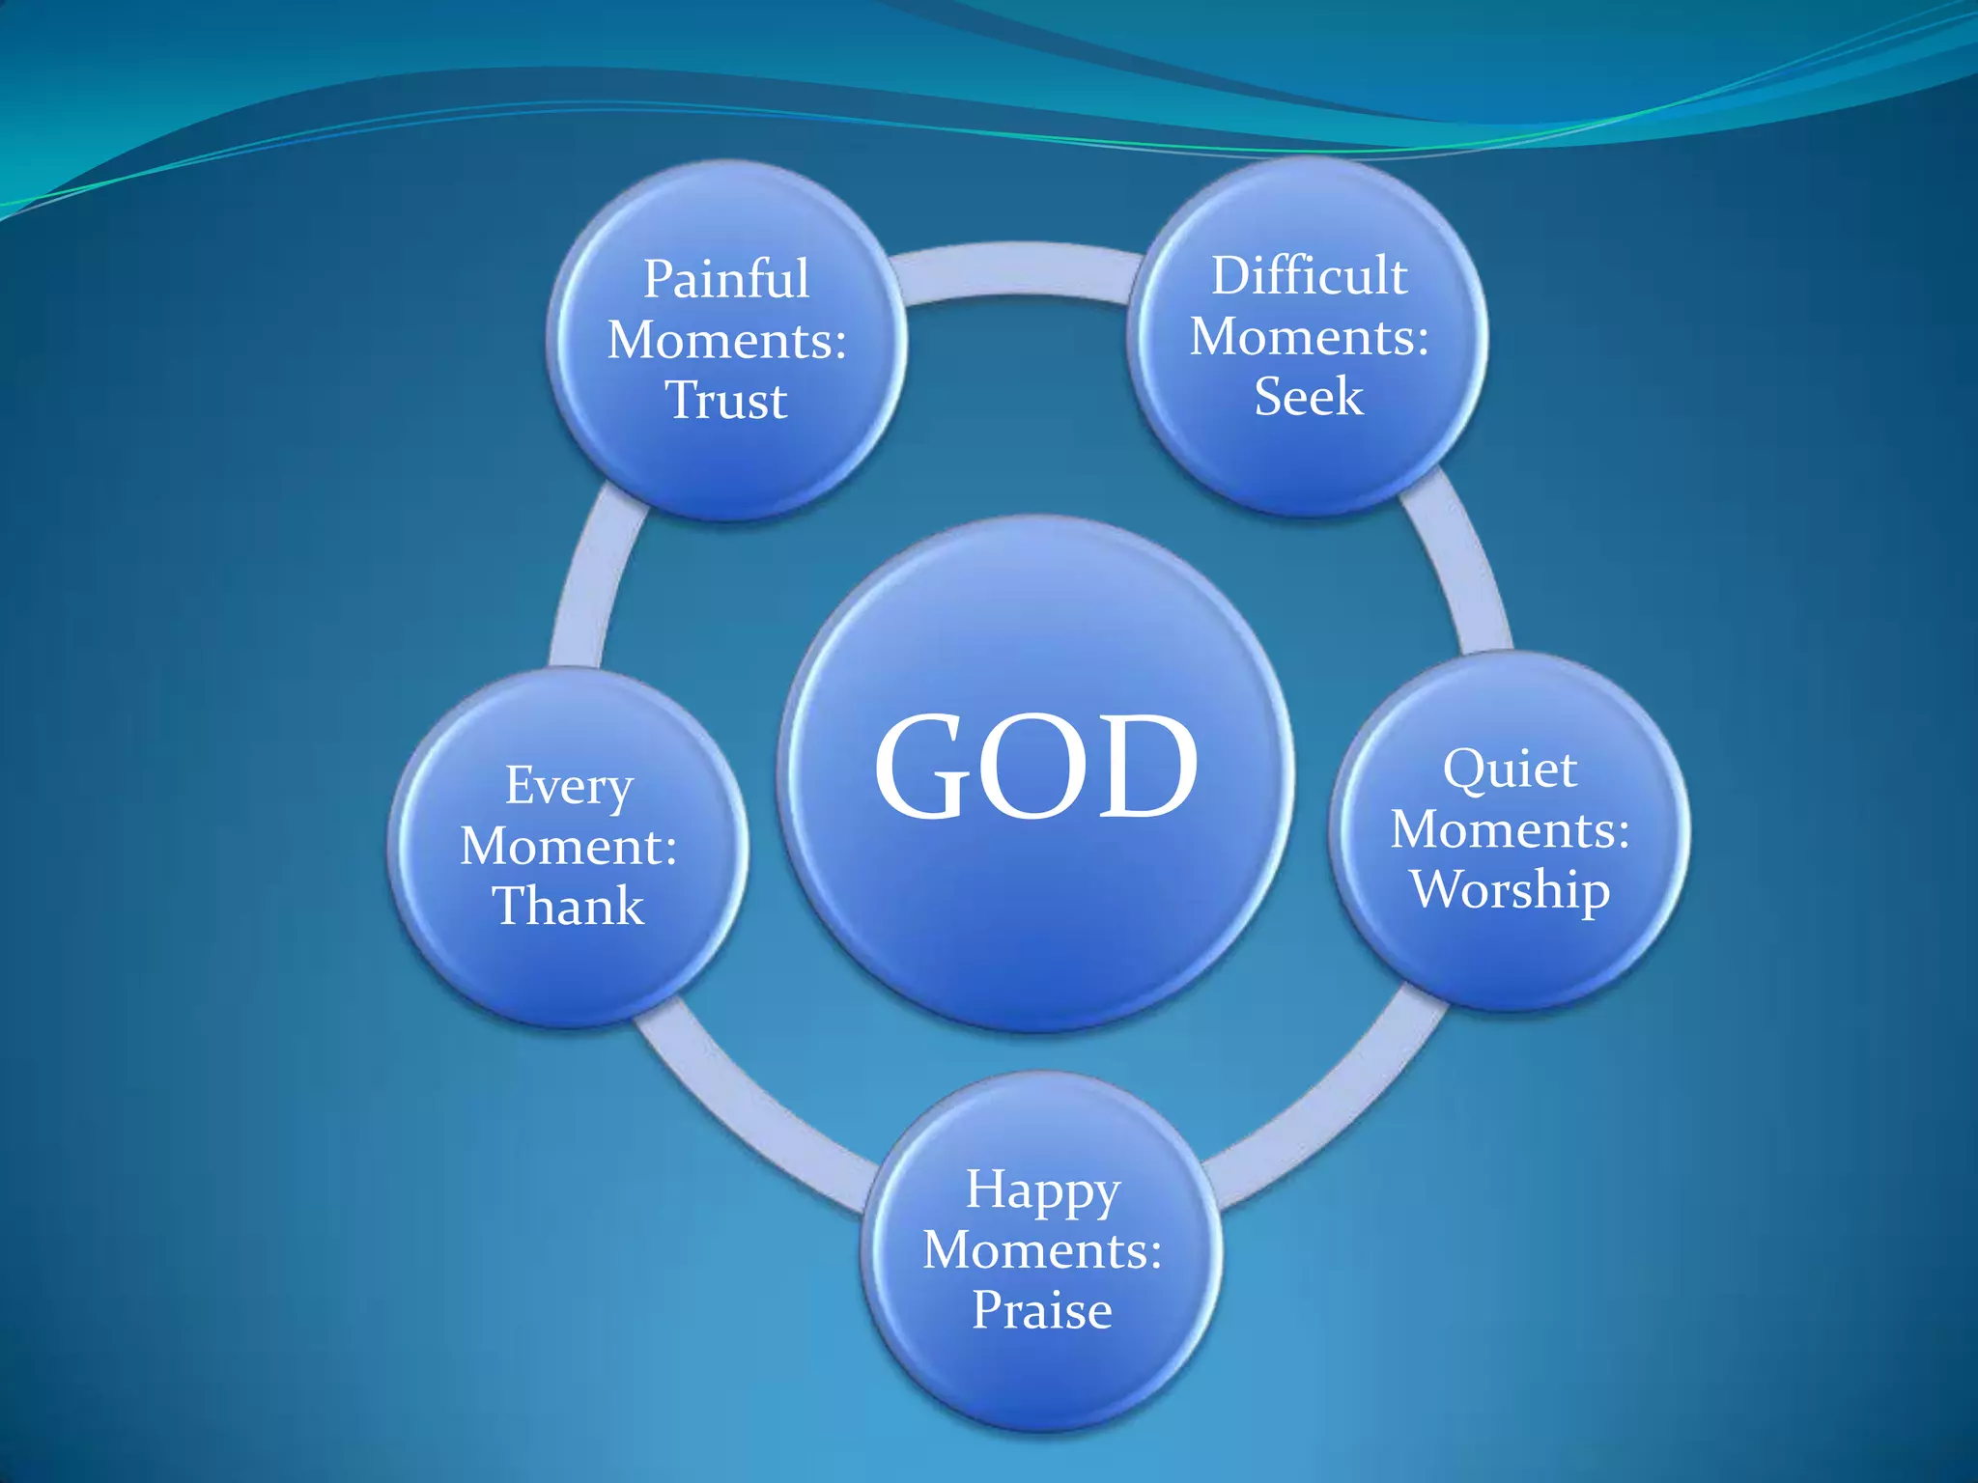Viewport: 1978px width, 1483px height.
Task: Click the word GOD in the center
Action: (1035, 767)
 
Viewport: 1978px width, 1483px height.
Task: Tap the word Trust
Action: (726, 401)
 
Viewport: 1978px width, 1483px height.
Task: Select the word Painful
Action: (726, 280)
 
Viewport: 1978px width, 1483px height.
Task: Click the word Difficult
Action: (1310, 276)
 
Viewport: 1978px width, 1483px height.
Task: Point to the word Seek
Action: (1309, 397)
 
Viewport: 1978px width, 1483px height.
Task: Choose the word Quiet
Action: (1510, 770)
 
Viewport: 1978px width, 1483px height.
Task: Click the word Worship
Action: (1510, 889)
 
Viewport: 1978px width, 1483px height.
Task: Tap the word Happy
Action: (1043, 1191)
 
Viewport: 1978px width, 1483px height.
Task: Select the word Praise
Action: (1042, 1310)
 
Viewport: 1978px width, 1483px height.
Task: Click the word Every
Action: (569, 787)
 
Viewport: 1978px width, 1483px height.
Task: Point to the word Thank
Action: (569, 907)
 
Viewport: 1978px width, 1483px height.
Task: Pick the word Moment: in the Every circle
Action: (569, 847)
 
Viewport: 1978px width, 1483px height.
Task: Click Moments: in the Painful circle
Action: (726, 341)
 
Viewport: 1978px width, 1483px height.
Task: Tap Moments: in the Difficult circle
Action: (1310, 337)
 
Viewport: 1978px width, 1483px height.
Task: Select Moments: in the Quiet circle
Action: (1510, 830)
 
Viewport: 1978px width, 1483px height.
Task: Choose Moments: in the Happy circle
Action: (1042, 1250)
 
